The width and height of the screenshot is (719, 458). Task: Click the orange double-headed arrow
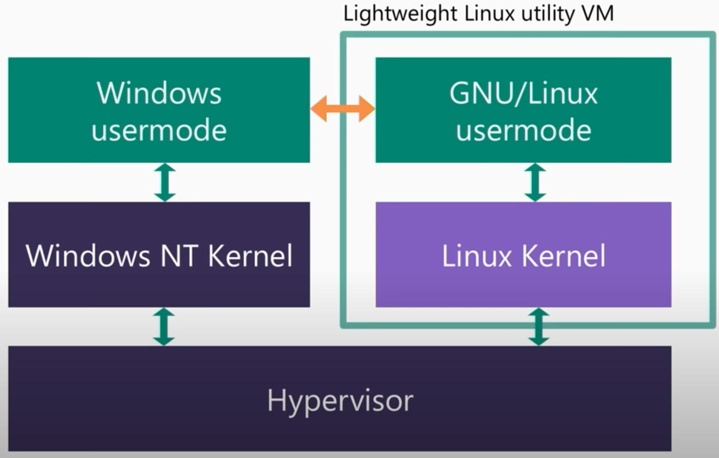pyautogui.click(x=343, y=108)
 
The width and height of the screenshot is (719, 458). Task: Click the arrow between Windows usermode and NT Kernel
pyautogui.click(x=165, y=182)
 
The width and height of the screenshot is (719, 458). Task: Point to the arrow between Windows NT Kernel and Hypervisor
pyautogui.click(x=164, y=327)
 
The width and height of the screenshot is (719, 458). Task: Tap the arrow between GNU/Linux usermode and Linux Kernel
pyautogui.click(x=534, y=182)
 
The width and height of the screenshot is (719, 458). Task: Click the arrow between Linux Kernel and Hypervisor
pyautogui.click(x=538, y=327)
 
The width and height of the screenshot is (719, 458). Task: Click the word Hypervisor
pyautogui.click(x=340, y=400)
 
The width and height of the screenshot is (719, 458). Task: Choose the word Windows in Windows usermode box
pyautogui.click(x=159, y=93)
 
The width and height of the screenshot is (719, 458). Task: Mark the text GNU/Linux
pyautogui.click(x=523, y=93)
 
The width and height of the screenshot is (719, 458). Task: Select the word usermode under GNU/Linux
pyautogui.click(x=523, y=130)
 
